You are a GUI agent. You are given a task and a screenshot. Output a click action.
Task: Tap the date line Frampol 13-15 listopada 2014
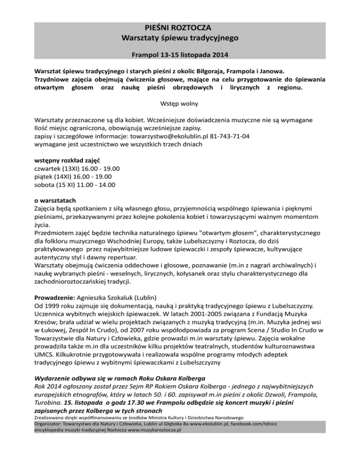pos(180,55)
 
